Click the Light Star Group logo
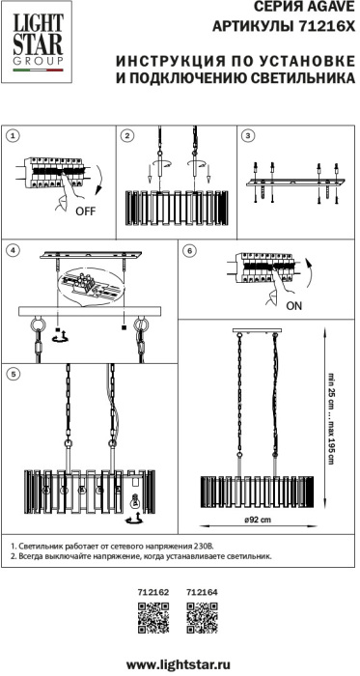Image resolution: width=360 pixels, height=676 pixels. pos(37,42)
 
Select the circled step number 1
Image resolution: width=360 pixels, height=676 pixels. pos(14,136)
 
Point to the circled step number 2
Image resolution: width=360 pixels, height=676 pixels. pos(126,136)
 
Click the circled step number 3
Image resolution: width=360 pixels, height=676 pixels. pos(247,136)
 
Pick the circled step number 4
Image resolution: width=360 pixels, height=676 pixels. pos(14,250)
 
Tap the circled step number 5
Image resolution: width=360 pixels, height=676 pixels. pos(14,375)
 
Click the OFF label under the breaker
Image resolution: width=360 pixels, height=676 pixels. pos(85,211)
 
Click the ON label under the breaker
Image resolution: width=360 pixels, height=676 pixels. pos(293,306)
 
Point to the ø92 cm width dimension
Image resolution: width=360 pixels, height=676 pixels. pos(258,520)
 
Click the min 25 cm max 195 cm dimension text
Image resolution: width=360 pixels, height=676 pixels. pos(330,418)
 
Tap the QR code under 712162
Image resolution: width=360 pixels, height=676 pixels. pos(152,618)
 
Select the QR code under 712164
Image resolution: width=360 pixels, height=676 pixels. pos(202,618)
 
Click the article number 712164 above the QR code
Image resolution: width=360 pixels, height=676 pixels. pos(202,593)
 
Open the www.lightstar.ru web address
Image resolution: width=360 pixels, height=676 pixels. pos(179,663)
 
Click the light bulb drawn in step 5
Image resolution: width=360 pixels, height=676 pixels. pos(136,501)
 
